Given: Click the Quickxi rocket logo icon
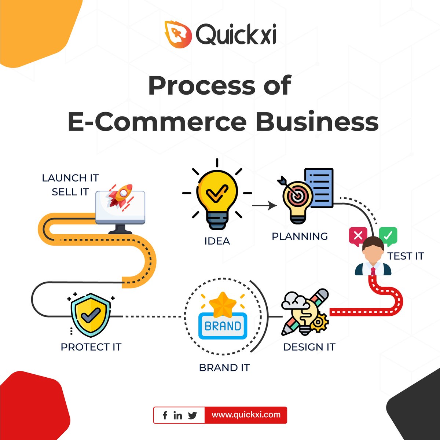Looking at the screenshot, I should [178, 34].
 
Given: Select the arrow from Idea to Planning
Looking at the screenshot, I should [264, 206].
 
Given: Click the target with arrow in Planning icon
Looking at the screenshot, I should [296, 194].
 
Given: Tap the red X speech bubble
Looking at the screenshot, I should [358, 236].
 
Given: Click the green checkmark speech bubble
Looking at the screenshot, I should [388, 236].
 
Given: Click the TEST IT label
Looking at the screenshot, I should [406, 256].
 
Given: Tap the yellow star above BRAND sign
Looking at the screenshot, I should [223, 304].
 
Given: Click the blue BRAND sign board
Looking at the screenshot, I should [223, 326].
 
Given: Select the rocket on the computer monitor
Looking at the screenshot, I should [120, 196].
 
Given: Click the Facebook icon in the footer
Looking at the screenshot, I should [165, 415].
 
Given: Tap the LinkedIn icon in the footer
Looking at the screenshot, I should [178, 415].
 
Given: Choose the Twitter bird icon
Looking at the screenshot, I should [192, 415].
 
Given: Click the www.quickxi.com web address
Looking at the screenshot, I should [246, 415].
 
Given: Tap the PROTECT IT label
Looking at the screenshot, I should [91, 347].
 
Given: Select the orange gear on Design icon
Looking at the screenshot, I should [319, 323].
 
